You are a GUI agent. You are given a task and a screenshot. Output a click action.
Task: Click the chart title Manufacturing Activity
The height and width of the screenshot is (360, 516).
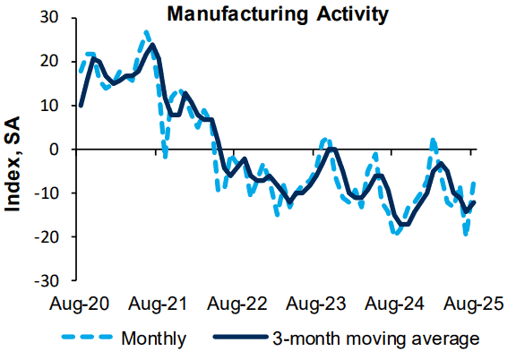(278, 14)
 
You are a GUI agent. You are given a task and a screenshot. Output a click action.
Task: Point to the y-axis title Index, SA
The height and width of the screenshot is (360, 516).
(13, 164)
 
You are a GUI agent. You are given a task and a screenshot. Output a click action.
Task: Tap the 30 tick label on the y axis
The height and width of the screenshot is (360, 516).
(49, 17)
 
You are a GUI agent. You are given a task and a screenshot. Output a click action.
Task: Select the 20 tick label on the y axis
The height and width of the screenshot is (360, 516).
(49, 61)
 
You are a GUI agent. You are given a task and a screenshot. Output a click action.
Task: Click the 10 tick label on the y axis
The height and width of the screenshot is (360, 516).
(49, 106)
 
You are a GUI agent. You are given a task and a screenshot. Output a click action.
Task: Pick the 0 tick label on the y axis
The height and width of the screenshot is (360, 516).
(55, 150)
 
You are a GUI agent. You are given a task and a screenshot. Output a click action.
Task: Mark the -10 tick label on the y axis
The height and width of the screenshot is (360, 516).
(47, 193)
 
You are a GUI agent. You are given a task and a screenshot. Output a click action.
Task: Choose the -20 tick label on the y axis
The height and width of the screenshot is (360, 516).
(47, 236)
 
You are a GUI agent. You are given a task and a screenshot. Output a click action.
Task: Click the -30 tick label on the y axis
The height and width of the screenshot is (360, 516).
(47, 280)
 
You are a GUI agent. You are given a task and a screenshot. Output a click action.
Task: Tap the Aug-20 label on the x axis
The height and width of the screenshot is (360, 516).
(79, 304)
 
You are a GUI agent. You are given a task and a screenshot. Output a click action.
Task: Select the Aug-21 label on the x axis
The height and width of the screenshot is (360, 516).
(158, 304)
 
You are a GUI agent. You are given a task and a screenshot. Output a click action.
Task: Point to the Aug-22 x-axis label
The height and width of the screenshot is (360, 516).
(236, 304)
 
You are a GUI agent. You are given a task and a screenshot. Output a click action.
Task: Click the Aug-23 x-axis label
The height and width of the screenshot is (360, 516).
(315, 304)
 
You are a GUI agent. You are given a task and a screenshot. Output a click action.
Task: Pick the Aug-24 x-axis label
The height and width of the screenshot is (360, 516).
(394, 304)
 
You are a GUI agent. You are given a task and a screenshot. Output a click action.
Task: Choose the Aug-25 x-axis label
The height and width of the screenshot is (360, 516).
(473, 304)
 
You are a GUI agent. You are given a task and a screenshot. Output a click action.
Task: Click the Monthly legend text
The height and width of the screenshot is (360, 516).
(154, 339)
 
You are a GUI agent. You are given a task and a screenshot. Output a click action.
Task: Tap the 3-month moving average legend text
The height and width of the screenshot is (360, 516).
(376, 339)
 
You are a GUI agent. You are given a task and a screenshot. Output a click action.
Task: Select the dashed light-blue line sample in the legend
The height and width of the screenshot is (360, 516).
(87, 337)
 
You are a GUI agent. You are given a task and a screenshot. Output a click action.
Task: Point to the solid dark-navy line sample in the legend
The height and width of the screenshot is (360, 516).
(240, 337)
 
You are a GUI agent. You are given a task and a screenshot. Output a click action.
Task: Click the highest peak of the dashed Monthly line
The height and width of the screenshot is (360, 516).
(146, 32)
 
